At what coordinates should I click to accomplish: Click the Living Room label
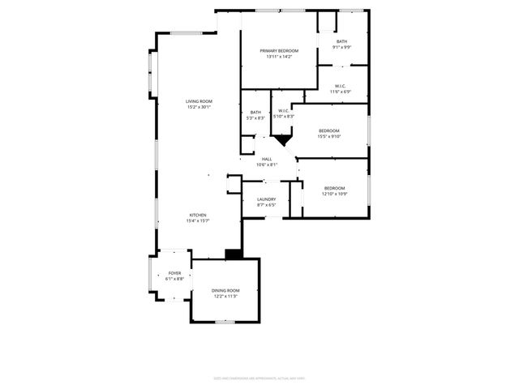tap(199, 101)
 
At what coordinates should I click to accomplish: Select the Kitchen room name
tap(199, 215)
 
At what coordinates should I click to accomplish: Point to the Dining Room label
tap(225, 290)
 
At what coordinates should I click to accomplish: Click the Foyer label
tap(175, 273)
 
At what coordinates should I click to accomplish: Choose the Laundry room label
tap(267, 199)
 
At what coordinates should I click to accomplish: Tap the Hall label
tap(267, 159)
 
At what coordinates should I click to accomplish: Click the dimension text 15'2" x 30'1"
tap(199, 107)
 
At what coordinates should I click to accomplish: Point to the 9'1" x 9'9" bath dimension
tap(342, 47)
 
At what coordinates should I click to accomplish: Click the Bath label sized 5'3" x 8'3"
tap(255, 113)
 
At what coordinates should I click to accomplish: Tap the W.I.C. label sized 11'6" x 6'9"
tap(339, 86)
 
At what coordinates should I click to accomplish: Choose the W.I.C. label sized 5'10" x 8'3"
tap(284, 111)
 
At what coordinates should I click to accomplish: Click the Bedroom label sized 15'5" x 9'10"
tap(329, 130)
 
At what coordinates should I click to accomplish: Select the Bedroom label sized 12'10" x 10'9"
tap(334, 188)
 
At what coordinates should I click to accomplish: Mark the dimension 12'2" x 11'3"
tap(225, 296)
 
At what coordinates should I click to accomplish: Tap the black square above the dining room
tap(234, 254)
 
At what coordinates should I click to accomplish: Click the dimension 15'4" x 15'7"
tap(199, 220)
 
